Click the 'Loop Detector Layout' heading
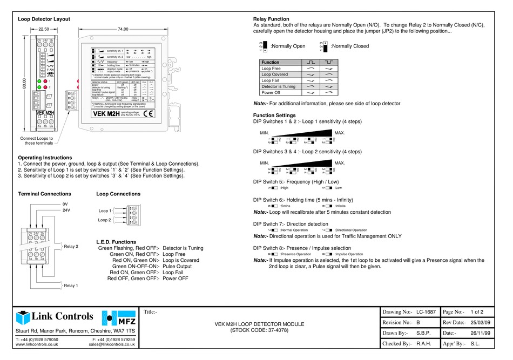click(44, 19)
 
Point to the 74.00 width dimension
click(123, 29)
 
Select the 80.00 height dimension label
click(24, 84)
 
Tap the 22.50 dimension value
click(44, 29)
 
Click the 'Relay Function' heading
click(271, 19)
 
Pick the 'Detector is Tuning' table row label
click(278, 86)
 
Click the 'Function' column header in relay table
click(271, 63)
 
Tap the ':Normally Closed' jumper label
click(349, 46)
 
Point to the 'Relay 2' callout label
click(71, 247)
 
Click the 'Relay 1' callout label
click(71, 286)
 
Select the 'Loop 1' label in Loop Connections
click(105, 210)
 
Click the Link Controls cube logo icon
click(24, 317)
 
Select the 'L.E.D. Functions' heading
click(116, 242)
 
